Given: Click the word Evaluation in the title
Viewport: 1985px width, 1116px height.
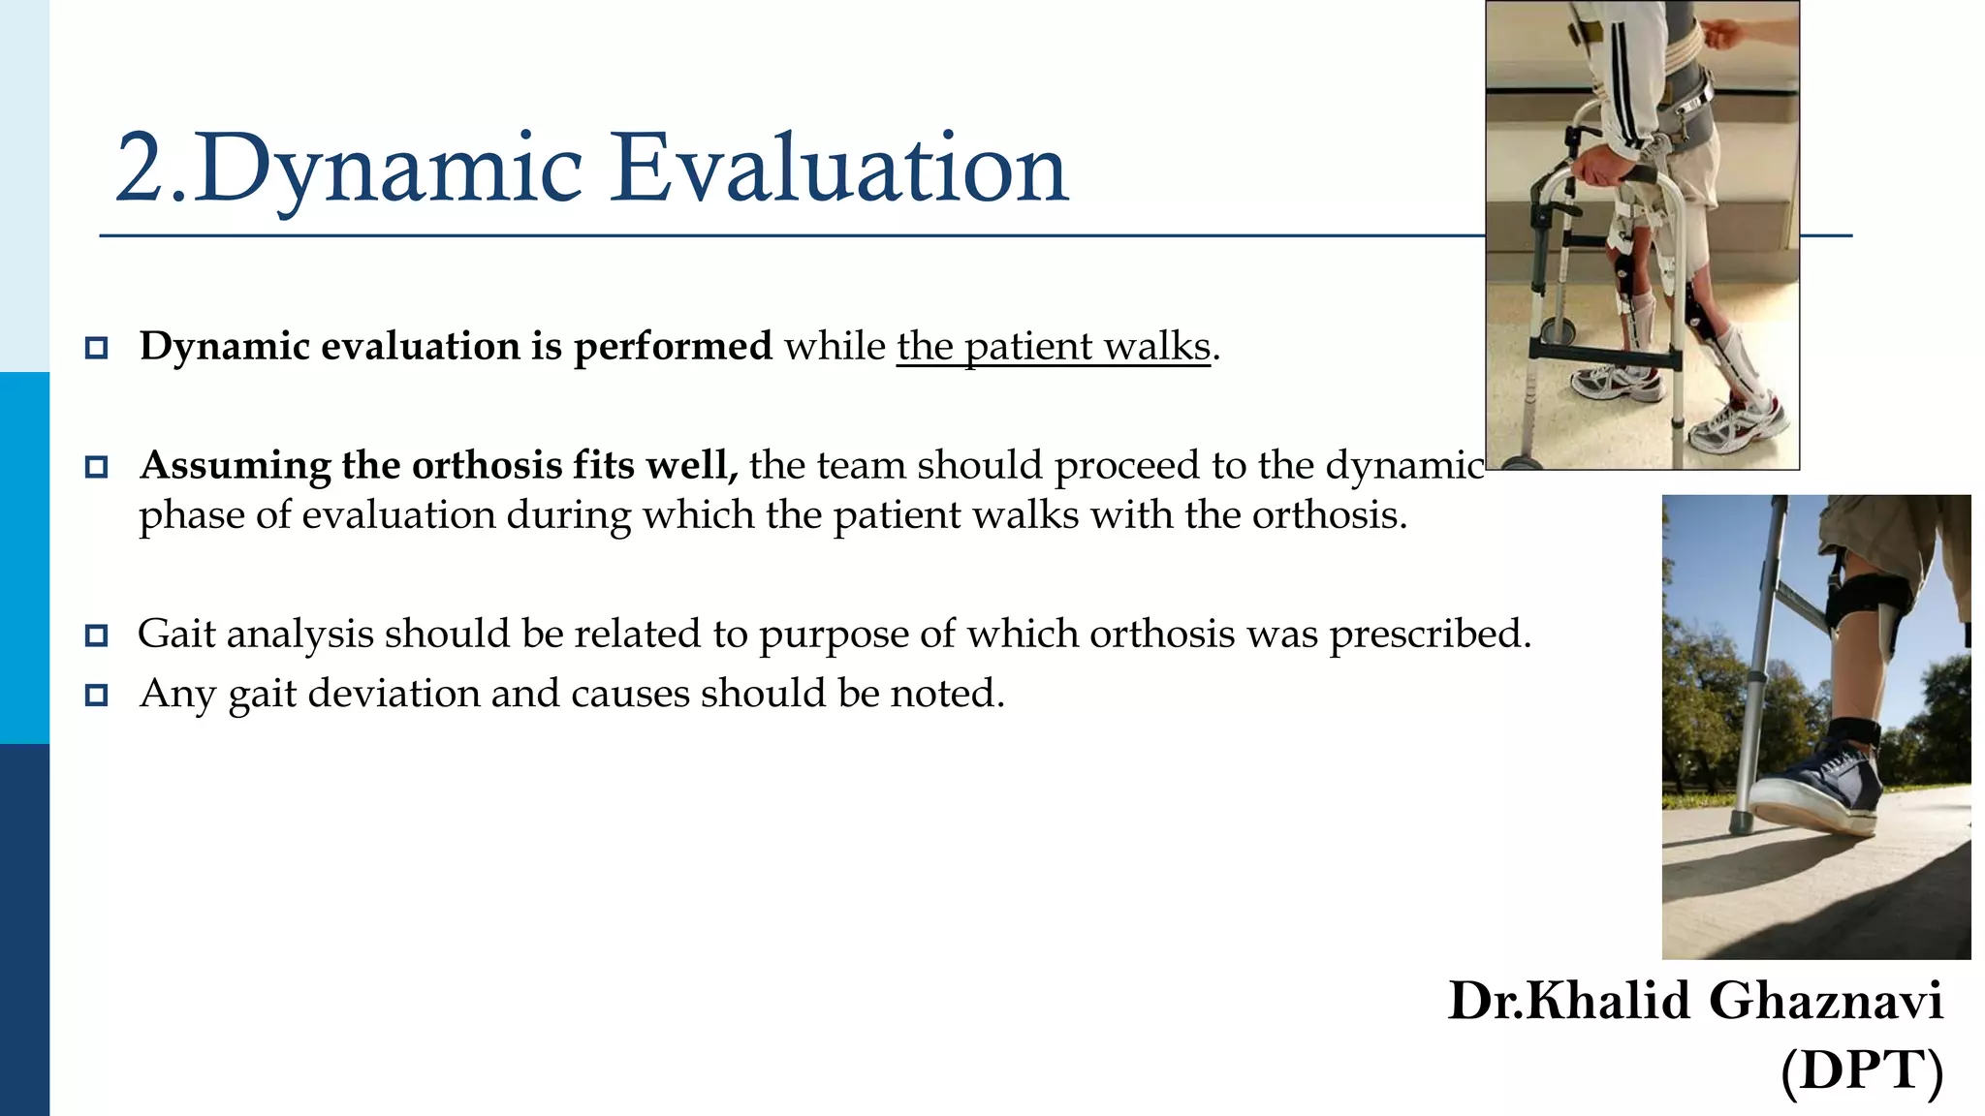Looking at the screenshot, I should click(838, 170).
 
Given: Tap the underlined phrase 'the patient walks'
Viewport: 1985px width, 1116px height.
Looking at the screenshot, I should click(1053, 347).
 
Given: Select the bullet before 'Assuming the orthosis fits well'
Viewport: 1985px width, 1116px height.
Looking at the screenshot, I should click(96, 467).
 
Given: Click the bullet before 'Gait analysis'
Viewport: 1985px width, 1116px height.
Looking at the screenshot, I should click(96, 635).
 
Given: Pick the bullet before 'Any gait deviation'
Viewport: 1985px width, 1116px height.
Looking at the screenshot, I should click(96, 695).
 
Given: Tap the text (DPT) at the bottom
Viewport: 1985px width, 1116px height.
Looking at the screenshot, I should click(1861, 1070).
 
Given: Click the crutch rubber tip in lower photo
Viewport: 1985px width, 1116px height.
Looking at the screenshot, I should click(1741, 822).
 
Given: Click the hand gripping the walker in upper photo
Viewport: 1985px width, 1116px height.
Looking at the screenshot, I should click(1599, 172).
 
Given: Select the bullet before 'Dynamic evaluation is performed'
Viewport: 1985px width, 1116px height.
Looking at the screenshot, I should click(96, 348).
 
